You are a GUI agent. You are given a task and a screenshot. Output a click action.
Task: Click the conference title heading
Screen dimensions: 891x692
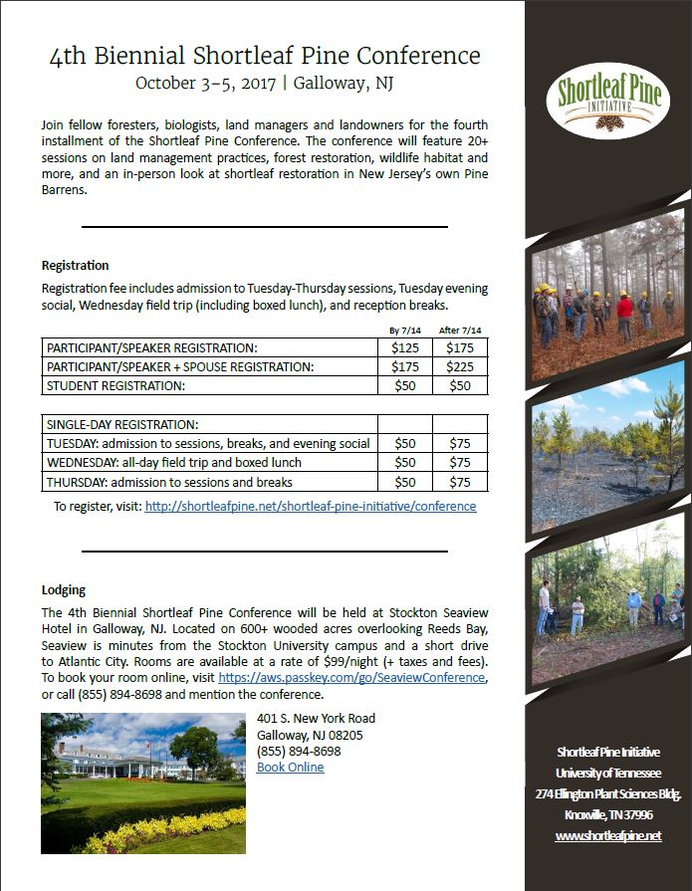pos(265,55)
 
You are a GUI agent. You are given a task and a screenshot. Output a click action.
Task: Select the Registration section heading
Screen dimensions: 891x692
pos(75,266)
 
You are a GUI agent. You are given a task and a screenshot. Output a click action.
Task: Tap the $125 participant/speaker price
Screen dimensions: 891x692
pos(405,347)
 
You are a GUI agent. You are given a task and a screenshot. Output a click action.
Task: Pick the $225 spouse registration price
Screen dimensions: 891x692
pos(460,366)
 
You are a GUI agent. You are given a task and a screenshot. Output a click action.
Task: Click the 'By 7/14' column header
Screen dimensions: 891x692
pos(404,330)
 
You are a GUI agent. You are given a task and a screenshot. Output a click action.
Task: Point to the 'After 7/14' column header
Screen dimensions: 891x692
pos(460,330)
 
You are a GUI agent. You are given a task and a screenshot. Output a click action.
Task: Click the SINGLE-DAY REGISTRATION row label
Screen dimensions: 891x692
pos(122,424)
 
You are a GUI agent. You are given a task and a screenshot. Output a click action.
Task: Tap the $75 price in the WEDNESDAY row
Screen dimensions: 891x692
pos(460,462)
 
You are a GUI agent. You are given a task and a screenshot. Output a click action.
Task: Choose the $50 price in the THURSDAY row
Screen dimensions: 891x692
pos(405,482)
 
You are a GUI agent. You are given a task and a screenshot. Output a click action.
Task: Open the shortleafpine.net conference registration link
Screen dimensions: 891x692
pos(311,506)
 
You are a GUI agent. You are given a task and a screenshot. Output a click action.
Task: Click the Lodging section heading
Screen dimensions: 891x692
pos(64,589)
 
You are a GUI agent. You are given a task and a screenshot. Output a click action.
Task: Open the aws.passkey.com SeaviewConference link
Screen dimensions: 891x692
pos(351,677)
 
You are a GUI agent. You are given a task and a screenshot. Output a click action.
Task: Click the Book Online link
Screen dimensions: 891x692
pos(290,767)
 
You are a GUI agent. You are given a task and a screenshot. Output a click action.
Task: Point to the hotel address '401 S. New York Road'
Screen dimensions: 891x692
pos(316,719)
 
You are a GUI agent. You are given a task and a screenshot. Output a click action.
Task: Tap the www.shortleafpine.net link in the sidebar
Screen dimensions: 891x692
pos(607,835)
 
